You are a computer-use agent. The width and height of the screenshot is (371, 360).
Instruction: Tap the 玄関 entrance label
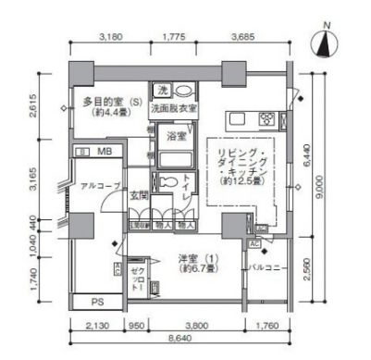click(x=140, y=194)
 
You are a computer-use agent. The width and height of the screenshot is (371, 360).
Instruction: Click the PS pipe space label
click(x=97, y=301)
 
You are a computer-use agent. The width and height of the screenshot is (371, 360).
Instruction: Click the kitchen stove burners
click(x=267, y=118)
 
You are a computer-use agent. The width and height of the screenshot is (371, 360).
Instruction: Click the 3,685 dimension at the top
click(x=243, y=38)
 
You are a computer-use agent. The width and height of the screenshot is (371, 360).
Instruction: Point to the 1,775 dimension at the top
click(x=174, y=38)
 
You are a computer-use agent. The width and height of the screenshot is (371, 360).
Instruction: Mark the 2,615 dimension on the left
click(x=32, y=109)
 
